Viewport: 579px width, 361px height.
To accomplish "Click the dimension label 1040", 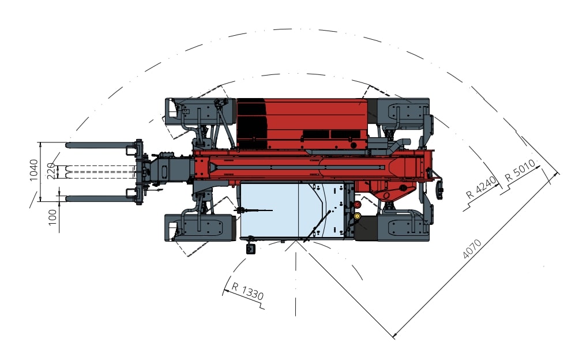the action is pyautogui.click(x=33, y=170).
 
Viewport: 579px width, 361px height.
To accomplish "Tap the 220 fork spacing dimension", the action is pyautogui.click(x=52, y=171).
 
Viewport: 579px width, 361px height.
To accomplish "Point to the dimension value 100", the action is pyautogui.click(x=53, y=217).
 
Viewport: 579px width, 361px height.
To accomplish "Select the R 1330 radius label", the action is pyautogui.click(x=247, y=291).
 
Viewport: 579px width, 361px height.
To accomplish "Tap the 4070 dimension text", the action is pyautogui.click(x=472, y=249).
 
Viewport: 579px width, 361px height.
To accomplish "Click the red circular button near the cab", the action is pyautogui.click(x=357, y=205).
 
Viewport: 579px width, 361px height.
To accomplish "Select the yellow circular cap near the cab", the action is pyautogui.click(x=357, y=216).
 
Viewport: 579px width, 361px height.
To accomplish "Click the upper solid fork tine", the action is pyautogui.click(x=100, y=145).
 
